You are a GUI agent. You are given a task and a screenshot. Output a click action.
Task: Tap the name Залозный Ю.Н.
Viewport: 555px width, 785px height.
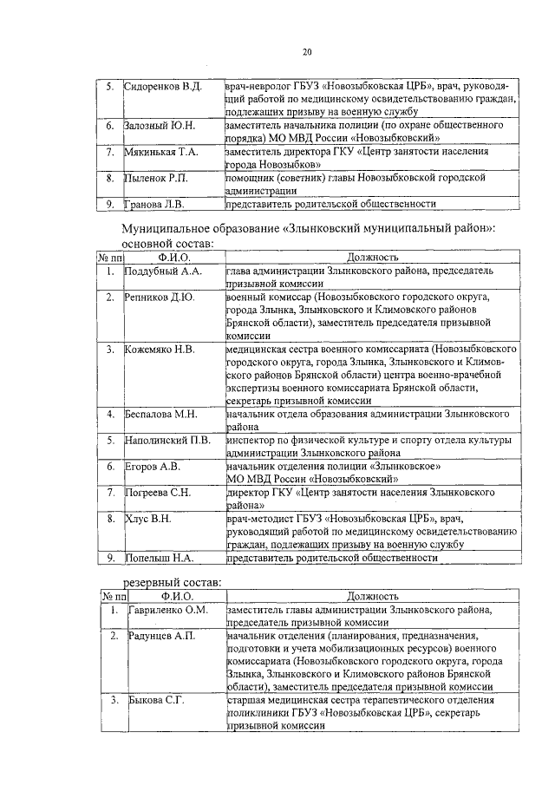(x=160, y=126)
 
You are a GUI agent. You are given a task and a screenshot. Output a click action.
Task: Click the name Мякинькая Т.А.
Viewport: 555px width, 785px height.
(x=162, y=152)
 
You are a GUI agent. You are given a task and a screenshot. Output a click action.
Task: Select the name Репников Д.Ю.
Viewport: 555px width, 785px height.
(x=160, y=298)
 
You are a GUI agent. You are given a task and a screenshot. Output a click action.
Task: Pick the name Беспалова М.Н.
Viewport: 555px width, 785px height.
(x=162, y=414)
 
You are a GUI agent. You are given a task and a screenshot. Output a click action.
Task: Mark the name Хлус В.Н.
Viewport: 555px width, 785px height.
(x=147, y=519)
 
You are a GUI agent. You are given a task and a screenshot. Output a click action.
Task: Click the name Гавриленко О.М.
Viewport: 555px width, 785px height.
(x=166, y=611)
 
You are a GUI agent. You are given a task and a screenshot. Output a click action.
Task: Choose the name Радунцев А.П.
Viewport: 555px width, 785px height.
(x=160, y=637)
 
